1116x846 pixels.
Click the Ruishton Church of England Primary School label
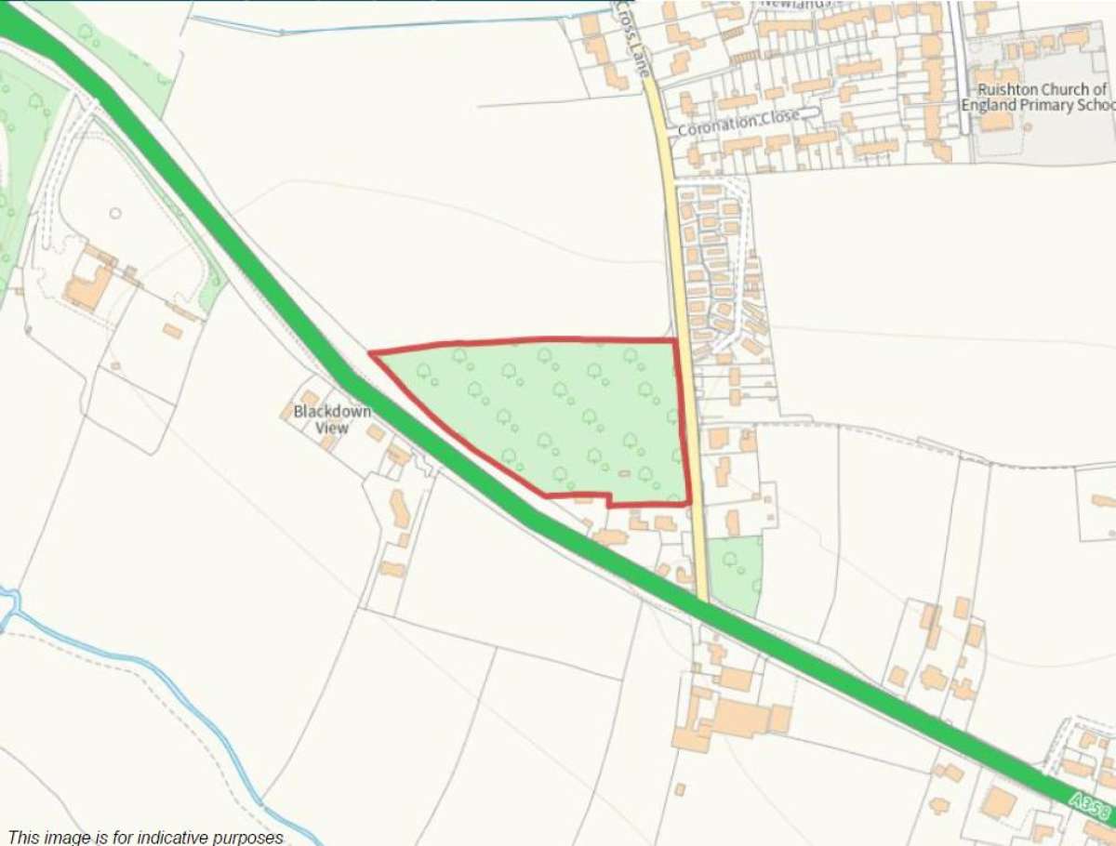click(1041, 98)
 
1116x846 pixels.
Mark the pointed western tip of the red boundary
click(371, 353)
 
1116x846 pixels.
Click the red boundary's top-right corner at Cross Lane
click(674, 340)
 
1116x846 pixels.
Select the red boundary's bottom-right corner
click(689, 503)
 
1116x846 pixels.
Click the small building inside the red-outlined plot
click(624, 473)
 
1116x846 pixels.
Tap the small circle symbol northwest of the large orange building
click(114, 213)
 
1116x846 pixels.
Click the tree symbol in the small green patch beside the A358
click(730, 560)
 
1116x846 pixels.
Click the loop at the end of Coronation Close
click(811, 112)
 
